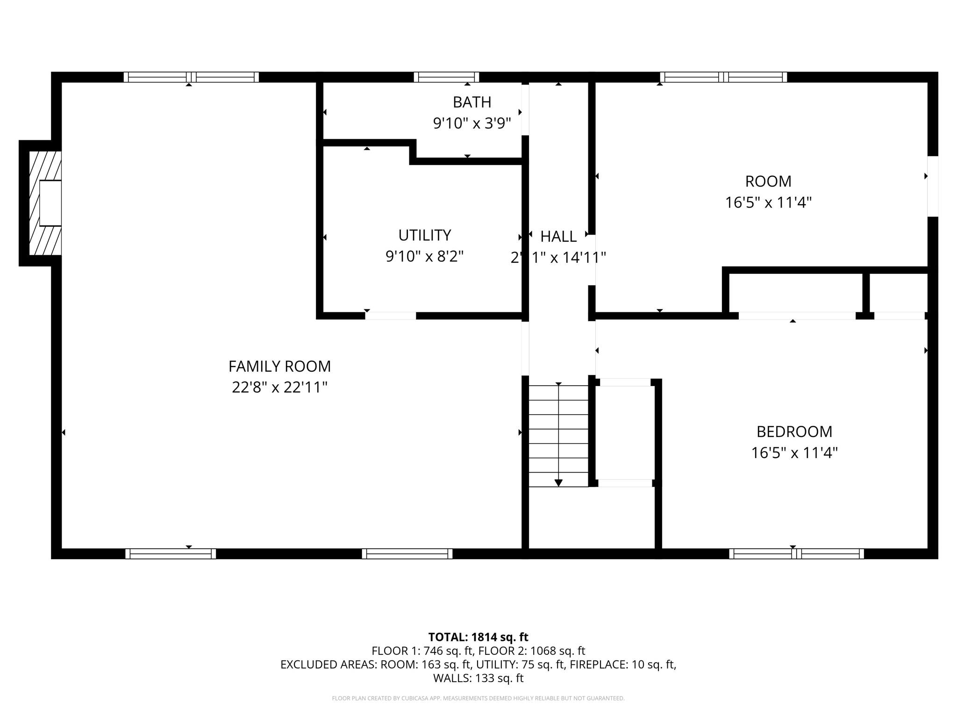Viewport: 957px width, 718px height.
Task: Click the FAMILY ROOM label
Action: coord(279,366)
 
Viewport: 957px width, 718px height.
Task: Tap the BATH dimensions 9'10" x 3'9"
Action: coord(472,123)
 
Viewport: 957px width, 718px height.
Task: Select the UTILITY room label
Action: coord(424,235)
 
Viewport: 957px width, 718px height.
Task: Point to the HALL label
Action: coord(558,237)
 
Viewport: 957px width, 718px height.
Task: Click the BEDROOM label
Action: coord(794,431)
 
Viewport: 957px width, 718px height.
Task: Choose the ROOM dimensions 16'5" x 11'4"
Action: coord(768,202)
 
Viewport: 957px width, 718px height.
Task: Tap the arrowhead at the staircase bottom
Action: coord(558,483)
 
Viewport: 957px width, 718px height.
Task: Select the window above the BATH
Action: coord(446,77)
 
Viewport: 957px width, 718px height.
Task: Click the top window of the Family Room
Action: coord(191,77)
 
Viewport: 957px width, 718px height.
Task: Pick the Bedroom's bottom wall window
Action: coord(796,554)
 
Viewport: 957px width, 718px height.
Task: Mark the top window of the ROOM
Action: coord(723,77)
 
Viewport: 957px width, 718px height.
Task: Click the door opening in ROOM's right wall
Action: coord(933,186)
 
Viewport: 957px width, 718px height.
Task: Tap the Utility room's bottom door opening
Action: coord(390,316)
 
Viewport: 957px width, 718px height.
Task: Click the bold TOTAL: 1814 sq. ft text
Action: coord(478,637)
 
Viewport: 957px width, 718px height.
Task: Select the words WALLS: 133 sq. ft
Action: coord(478,678)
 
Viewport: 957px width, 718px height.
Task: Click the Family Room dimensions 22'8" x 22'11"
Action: coord(279,388)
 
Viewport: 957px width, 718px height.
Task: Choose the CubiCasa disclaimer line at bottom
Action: coord(478,698)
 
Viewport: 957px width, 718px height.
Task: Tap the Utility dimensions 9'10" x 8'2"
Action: coord(424,256)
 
